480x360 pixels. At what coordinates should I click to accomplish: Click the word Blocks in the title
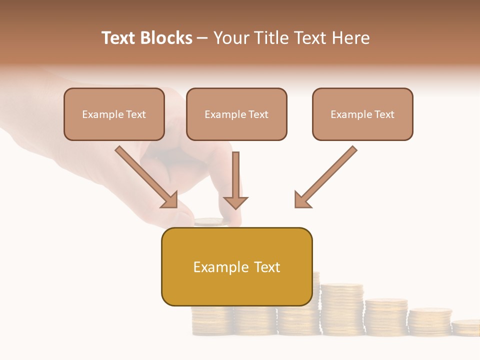point(165,38)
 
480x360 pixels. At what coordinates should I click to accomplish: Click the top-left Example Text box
point(114,114)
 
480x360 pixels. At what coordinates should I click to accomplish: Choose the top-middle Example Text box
point(236,114)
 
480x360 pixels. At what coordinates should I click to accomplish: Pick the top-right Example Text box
point(362,114)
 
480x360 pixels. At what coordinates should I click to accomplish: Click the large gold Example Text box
point(236,266)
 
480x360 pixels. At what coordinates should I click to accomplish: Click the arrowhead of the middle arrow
point(235,202)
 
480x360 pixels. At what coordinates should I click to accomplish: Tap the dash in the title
point(202,38)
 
